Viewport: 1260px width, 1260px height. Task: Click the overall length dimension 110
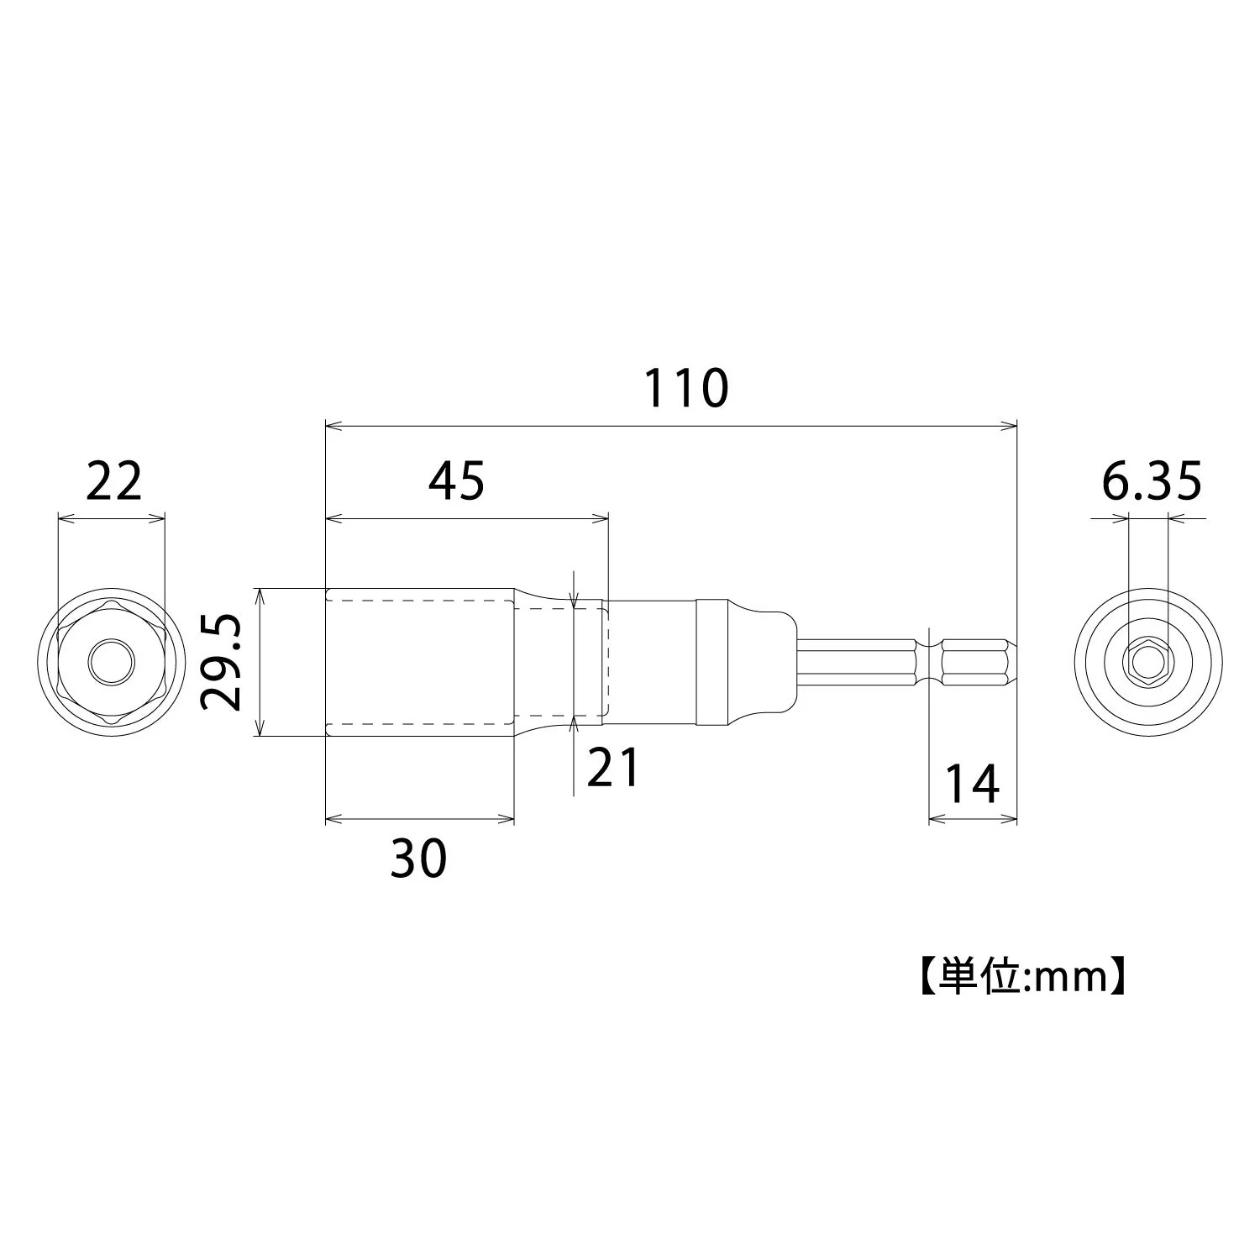(x=686, y=388)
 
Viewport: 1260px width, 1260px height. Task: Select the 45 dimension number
(x=457, y=481)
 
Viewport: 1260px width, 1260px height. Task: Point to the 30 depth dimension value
(x=419, y=858)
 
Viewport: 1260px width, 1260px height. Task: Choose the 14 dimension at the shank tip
(x=973, y=783)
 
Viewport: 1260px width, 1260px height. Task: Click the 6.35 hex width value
(x=1151, y=481)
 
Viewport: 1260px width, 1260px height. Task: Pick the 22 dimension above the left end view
(x=114, y=481)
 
